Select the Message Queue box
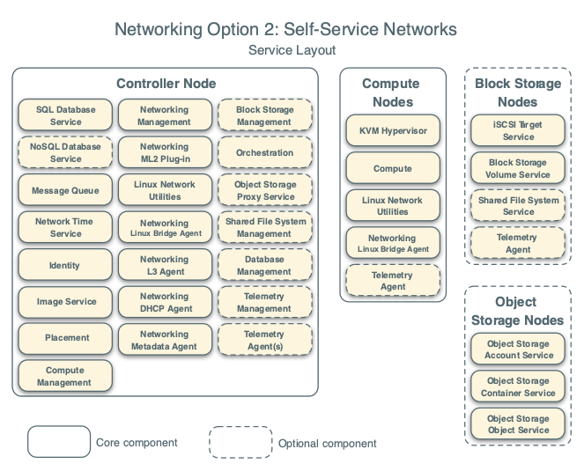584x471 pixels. (66, 190)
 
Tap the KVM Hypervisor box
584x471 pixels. (393, 130)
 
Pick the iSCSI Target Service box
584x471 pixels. (519, 130)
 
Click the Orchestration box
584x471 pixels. (264, 153)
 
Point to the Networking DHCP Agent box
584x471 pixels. (164, 303)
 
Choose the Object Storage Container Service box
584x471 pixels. (519, 387)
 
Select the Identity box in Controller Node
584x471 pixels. (66, 265)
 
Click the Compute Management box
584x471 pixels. (66, 376)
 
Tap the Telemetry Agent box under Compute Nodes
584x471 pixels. (393, 281)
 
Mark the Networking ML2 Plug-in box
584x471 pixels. (164, 153)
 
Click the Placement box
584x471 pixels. (66, 338)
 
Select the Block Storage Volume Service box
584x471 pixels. (519, 168)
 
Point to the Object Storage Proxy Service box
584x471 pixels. (264, 190)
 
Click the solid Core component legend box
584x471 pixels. (58, 442)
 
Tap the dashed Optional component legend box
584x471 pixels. (240, 443)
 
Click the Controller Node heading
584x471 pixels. (166, 84)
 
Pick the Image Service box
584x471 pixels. (66, 302)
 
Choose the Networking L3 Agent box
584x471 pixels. (164, 265)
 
